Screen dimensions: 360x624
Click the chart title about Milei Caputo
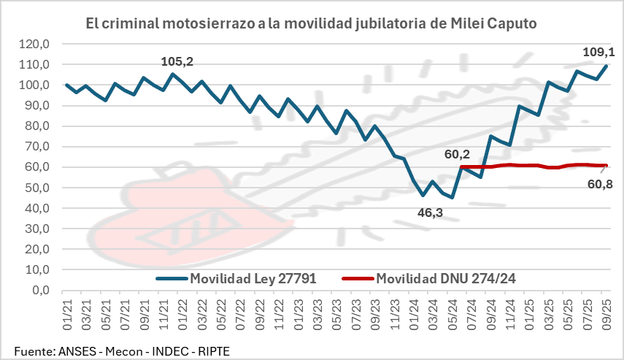click(311, 23)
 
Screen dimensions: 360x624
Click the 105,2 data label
click(177, 61)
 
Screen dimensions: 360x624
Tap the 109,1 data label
click(599, 52)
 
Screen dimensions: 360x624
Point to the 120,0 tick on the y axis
click(34, 44)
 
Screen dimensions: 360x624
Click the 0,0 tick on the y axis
click(39, 290)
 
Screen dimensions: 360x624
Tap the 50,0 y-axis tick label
click(36, 188)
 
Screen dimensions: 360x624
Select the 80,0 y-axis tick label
click(36, 126)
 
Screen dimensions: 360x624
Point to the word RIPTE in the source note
click(211, 351)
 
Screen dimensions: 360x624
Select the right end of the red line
click(606, 165)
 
